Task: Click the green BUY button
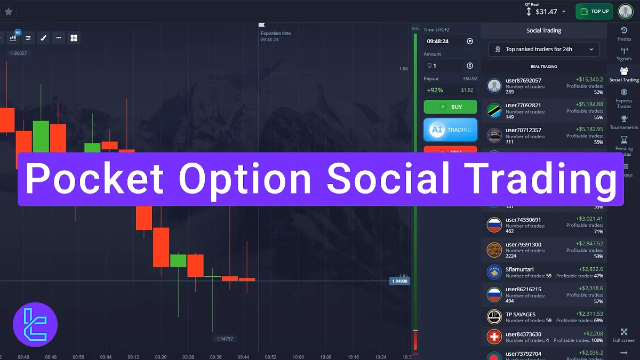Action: pyautogui.click(x=450, y=107)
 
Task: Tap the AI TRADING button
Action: pyautogui.click(x=450, y=130)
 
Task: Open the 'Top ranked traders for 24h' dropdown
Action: pyautogui.click(x=543, y=50)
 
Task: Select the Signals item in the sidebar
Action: pyautogui.click(x=623, y=54)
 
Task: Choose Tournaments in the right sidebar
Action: pyautogui.click(x=623, y=123)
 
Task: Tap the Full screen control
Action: pyautogui.click(x=623, y=335)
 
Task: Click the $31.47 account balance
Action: pyautogui.click(x=546, y=11)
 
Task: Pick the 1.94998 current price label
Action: pyautogui.click(x=399, y=281)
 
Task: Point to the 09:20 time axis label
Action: pyautogui.click(x=161, y=357)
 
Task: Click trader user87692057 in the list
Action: pyautogui.click(x=523, y=81)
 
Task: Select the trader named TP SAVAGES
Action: pyautogui.click(x=521, y=314)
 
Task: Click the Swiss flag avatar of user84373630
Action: pyautogui.click(x=494, y=337)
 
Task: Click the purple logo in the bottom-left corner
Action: pyautogui.click(x=35, y=325)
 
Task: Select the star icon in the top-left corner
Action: pyautogui.click(x=9, y=11)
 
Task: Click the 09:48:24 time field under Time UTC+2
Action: pyautogui.click(x=437, y=41)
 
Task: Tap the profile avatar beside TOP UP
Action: pyautogui.click(x=625, y=11)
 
